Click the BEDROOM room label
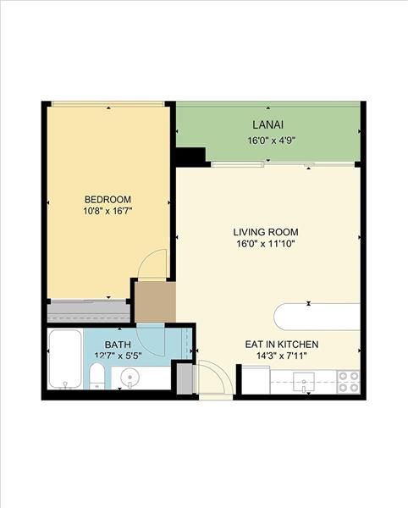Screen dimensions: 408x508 [108, 199]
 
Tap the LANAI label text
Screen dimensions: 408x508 [268, 124]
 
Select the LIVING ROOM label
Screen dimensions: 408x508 [266, 232]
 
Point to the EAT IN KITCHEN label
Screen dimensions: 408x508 [282, 344]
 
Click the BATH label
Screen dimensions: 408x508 [118, 345]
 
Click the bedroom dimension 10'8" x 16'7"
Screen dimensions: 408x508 [108, 211]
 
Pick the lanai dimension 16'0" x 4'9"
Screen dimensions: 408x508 [272, 141]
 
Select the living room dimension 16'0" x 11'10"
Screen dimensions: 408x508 [266, 244]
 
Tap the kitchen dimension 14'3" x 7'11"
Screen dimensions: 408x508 [282, 356]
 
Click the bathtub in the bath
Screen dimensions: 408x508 [65, 359]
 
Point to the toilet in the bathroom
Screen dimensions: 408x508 [96, 376]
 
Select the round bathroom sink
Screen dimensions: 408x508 [130, 378]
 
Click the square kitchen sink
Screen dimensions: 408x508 [304, 382]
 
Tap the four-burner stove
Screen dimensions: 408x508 [349, 382]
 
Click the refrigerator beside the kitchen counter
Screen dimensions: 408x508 [256, 380]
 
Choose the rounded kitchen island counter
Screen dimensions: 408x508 [317, 317]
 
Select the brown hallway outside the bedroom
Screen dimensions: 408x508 [155, 302]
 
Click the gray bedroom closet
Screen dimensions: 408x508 [88, 311]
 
